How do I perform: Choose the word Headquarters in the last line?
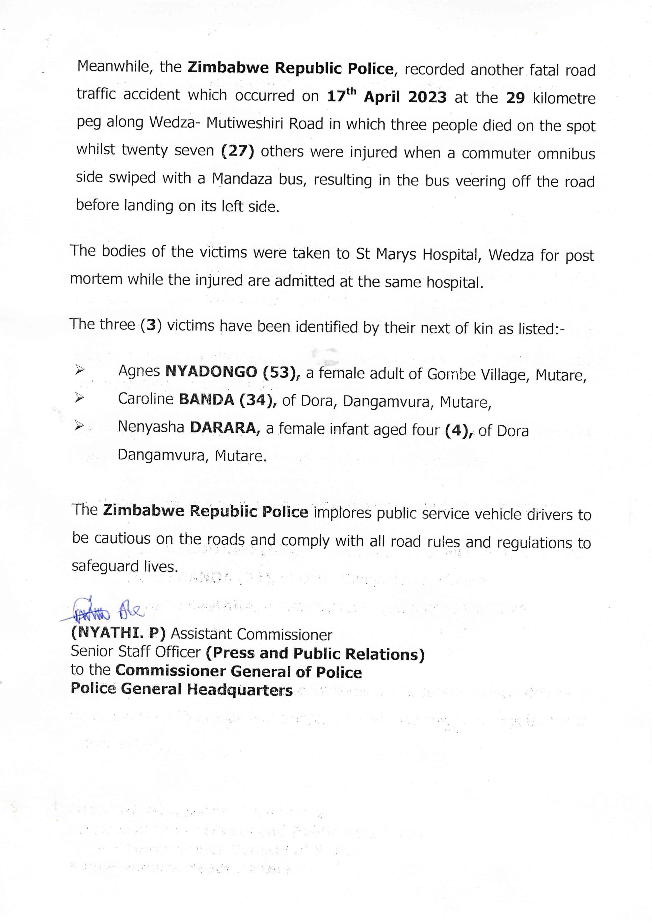click(240, 690)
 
